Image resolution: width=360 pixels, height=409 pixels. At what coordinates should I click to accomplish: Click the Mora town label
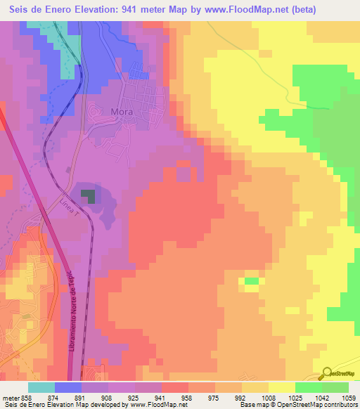(122, 111)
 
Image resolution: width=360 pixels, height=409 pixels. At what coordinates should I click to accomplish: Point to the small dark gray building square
(88, 195)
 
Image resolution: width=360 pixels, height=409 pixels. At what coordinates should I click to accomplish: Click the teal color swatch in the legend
(41, 387)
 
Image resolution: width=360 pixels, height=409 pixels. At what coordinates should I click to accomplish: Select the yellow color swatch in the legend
(281, 387)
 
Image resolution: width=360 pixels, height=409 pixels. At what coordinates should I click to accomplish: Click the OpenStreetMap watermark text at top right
(330, 68)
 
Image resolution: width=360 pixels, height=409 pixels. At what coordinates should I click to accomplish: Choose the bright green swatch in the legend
(308, 387)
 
